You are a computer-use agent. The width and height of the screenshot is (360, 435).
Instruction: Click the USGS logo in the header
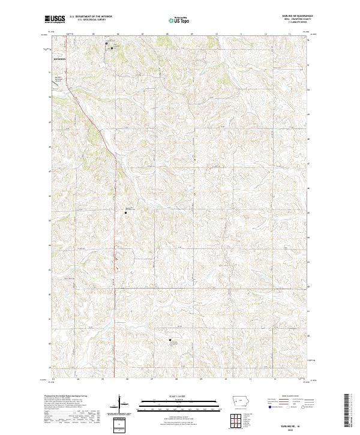click(x=55, y=19)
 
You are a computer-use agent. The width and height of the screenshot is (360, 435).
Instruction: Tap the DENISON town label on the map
click(x=59, y=60)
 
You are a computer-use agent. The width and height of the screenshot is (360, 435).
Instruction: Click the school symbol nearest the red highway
click(x=125, y=212)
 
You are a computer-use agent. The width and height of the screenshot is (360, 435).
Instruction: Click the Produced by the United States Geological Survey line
click(x=67, y=397)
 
